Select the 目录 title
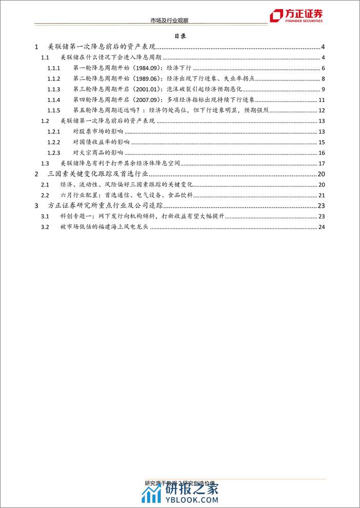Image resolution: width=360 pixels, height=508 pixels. (x=180, y=37)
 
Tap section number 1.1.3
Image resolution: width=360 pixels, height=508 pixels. (x=54, y=89)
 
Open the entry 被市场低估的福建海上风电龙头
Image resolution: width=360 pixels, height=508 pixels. (x=104, y=228)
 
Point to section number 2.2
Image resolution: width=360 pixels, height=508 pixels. (x=45, y=195)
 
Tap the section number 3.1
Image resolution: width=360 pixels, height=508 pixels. (x=45, y=217)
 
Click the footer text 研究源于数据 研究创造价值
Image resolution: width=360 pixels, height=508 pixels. (x=179, y=483)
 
